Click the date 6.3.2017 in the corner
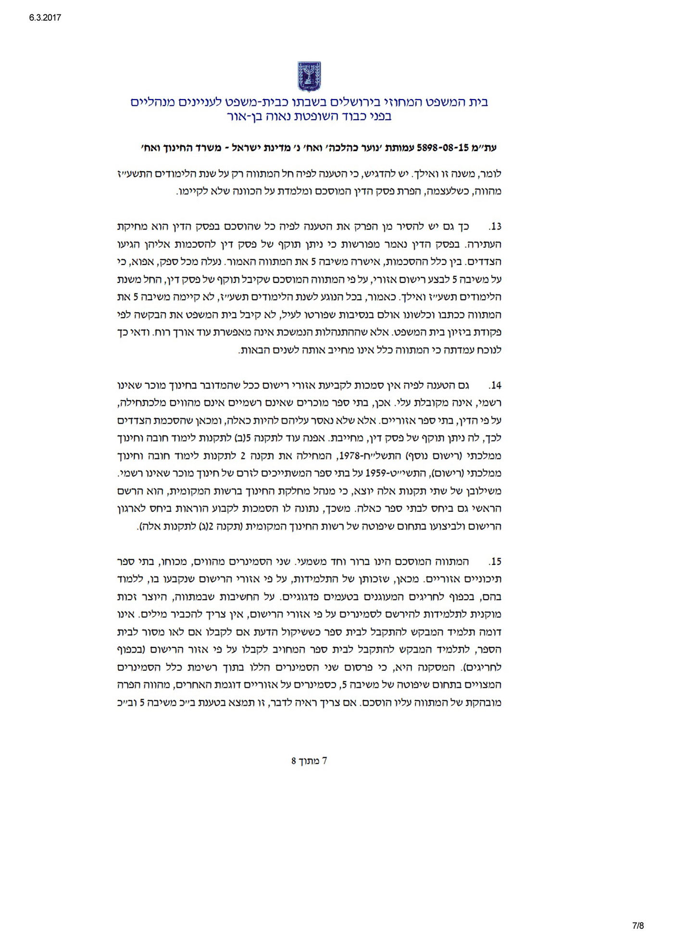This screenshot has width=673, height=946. tap(45, 18)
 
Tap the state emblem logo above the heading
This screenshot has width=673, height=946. tap(309, 76)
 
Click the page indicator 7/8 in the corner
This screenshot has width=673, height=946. tap(638, 925)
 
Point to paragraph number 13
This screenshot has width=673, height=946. tap(495, 227)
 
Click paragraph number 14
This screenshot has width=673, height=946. tap(495, 386)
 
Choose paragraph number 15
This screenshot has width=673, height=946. tap(495, 562)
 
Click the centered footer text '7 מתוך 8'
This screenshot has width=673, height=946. tap(309, 761)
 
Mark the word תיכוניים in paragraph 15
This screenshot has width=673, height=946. tap(484, 580)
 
